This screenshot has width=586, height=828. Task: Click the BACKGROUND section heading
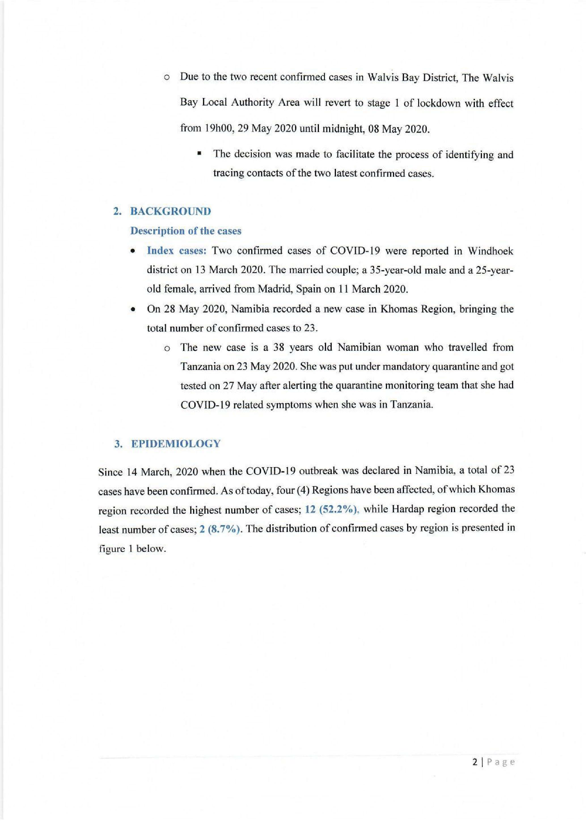[x=170, y=211]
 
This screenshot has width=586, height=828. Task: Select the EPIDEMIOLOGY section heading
[x=175, y=444]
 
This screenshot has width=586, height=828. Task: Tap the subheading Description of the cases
[x=185, y=231]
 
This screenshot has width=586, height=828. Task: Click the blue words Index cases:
[x=176, y=251]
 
